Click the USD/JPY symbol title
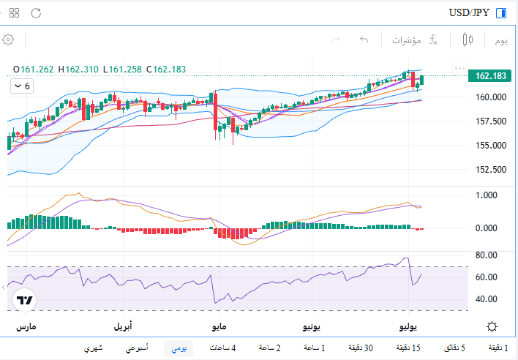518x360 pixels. [469, 13]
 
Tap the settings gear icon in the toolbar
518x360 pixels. [8, 40]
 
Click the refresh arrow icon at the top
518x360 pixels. [36, 13]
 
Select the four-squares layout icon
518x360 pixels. [14, 13]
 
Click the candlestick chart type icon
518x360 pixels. [468, 40]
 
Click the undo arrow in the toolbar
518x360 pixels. [364, 40]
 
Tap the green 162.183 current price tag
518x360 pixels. [490, 76]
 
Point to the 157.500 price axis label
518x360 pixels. [491, 121]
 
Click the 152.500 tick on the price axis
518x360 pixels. [491, 170]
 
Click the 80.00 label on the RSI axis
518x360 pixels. [486, 255]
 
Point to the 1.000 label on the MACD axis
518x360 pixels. [486, 195]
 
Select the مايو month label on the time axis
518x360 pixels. [219, 326]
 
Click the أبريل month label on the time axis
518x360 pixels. [123, 326]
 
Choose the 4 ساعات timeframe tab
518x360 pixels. [222, 348]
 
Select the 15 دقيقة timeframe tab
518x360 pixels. [408, 348]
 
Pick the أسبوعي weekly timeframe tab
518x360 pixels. [137, 348]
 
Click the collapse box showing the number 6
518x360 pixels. [22, 86]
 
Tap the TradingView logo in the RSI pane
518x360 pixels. [24, 300]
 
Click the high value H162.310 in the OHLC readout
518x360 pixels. [78, 70]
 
